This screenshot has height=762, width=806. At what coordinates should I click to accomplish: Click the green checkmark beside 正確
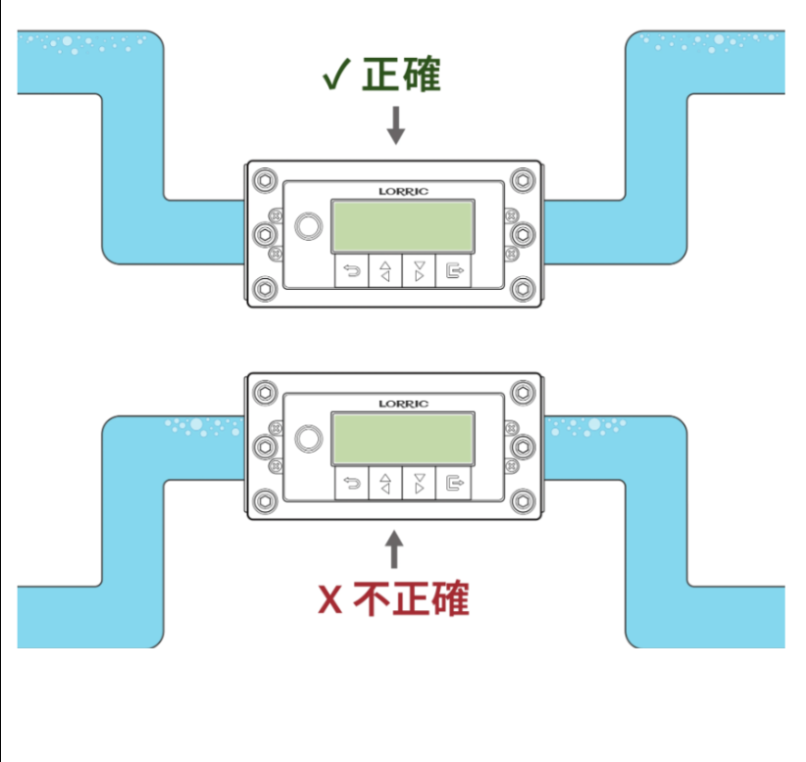pyautogui.click(x=336, y=75)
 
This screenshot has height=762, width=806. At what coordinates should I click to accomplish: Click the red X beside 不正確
pyautogui.click(x=330, y=598)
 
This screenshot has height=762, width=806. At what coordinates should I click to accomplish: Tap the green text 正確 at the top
pyautogui.click(x=402, y=74)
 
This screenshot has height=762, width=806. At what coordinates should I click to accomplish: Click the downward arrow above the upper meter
pyautogui.click(x=395, y=124)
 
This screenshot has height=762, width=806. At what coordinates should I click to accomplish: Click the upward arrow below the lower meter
pyautogui.click(x=394, y=549)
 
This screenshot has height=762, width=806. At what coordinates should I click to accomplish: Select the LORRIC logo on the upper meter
pyautogui.click(x=403, y=192)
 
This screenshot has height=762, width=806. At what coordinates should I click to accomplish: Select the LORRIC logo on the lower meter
pyautogui.click(x=403, y=404)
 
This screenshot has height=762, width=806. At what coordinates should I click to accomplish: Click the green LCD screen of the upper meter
pyautogui.click(x=403, y=226)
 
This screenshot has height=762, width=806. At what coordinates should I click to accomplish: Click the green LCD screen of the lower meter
pyautogui.click(x=403, y=439)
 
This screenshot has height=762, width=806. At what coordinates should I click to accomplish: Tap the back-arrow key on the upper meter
pyautogui.click(x=351, y=272)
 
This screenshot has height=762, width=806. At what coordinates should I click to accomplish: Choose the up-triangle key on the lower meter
pyautogui.click(x=385, y=484)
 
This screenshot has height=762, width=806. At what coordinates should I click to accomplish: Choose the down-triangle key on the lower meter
pyautogui.click(x=420, y=484)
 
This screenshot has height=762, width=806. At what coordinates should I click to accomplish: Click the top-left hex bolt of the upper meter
pyautogui.click(x=264, y=181)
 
